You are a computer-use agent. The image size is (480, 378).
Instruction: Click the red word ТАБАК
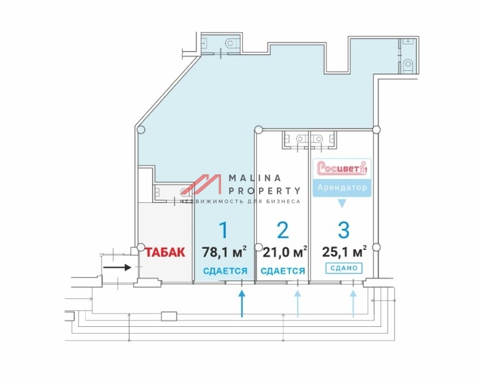point(165,252)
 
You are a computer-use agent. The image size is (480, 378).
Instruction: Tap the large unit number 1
point(224,230)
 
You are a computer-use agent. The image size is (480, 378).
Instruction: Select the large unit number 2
point(282,230)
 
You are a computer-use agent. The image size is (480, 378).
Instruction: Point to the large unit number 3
point(344,230)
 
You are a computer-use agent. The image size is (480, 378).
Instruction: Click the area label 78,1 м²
point(224,252)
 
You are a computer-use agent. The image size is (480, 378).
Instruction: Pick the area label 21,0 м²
point(285,252)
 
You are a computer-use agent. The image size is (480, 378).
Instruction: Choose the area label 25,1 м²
point(345,252)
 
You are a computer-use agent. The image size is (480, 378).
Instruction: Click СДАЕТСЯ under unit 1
point(225,271)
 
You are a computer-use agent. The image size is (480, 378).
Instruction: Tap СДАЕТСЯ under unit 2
point(283,271)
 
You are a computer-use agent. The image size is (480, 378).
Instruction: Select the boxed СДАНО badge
point(344,268)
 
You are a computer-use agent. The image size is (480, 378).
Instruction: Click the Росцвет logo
point(342,168)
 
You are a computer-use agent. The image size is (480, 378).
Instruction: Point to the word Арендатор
point(342,187)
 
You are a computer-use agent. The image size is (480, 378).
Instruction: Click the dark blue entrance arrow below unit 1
point(242,304)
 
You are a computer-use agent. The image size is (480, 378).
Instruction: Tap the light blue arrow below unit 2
point(297,304)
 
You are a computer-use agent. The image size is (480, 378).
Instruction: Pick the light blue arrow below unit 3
point(353,304)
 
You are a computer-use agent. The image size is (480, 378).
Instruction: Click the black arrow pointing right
point(118,268)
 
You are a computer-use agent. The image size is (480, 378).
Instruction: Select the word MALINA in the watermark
point(255,178)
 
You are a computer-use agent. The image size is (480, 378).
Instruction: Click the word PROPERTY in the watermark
point(264,191)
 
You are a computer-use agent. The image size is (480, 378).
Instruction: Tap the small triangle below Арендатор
point(342,204)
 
